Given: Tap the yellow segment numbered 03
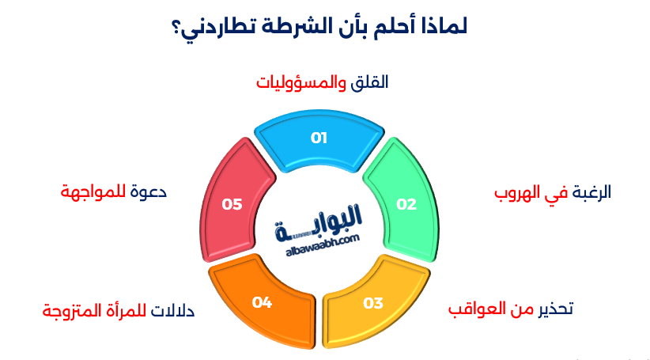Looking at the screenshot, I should click(x=373, y=302).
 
